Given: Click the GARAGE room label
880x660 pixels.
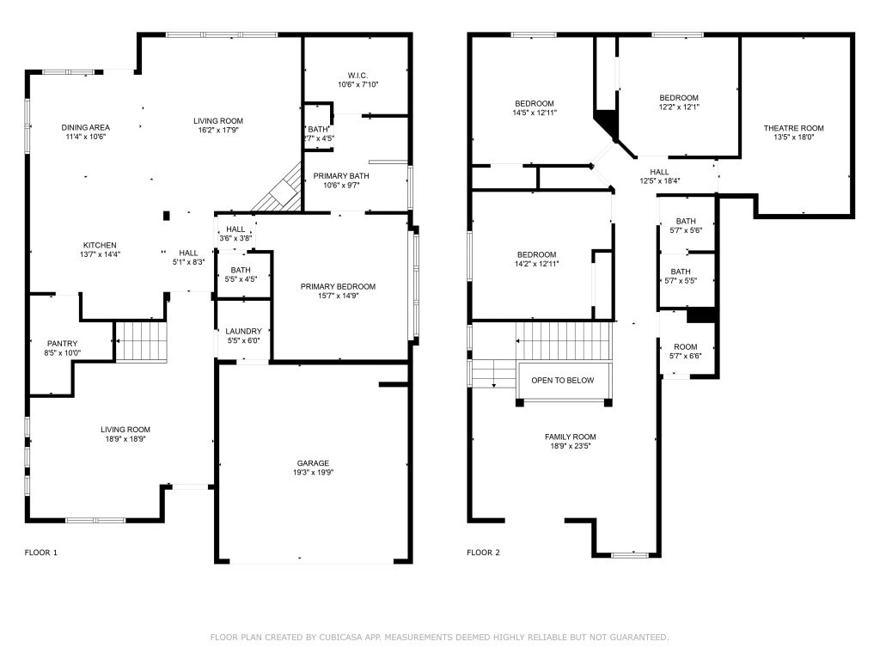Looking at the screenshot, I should (313, 463).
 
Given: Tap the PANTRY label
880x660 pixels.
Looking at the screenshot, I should (62, 344).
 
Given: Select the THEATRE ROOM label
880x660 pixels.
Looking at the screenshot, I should (793, 128).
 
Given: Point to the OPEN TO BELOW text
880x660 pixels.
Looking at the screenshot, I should (562, 380).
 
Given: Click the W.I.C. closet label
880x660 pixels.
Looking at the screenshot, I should (358, 75).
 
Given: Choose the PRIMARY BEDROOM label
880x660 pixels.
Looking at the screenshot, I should (338, 286).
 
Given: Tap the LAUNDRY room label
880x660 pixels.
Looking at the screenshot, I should (243, 331).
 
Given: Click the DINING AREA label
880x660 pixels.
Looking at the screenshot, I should (85, 127).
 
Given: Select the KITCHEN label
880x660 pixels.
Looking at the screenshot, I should (100, 245).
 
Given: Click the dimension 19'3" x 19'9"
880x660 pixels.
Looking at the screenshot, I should (313, 473).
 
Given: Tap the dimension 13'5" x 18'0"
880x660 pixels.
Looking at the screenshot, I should (793, 137).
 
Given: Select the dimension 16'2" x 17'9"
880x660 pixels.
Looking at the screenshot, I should (217, 131).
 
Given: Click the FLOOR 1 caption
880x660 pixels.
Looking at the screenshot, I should (41, 553).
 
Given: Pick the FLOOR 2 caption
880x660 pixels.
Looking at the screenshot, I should (483, 553).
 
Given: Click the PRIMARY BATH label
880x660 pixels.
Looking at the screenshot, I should (342, 175).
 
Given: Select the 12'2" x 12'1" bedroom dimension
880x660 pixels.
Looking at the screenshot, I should (678, 107).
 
